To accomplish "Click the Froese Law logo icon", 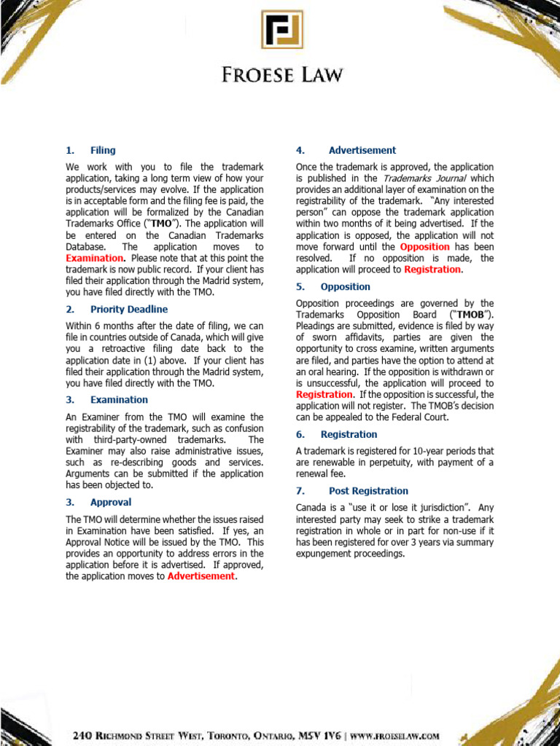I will pyautogui.click(x=282, y=29).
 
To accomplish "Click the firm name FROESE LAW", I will pyautogui.click(x=282, y=74).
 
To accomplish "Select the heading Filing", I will pyautogui.click(x=103, y=150).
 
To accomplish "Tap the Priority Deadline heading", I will pyautogui.click(x=129, y=309).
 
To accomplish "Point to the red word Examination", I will pyautogui.click(x=94, y=258).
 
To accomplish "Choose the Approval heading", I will pyautogui.click(x=111, y=502).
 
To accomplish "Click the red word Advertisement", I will pyautogui.click(x=201, y=576).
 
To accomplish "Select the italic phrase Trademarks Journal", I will pyautogui.click(x=417, y=178).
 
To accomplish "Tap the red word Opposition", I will pyautogui.click(x=424, y=247).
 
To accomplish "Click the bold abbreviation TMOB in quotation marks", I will pyautogui.click(x=470, y=315).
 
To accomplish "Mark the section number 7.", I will pyautogui.click(x=300, y=491).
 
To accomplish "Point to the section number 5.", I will pyautogui.click(x=300, y=286).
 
